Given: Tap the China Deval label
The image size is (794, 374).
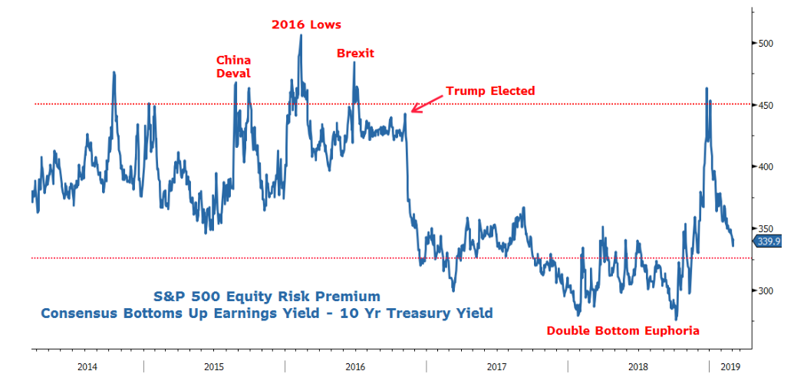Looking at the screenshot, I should pyautogui.click(x=233, y=67).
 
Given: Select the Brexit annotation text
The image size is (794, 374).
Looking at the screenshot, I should pyautogui.click(x=355, y=53).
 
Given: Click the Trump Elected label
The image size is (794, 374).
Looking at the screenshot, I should pyautogui.click(x=490, y=91).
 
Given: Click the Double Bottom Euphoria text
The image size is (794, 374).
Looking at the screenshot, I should pyautogui.click(x=623, y=331).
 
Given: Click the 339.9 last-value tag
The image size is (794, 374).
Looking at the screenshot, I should pyautogui.click(x=768, y=242).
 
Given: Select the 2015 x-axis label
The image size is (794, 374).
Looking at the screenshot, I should pyautogui.click(x=215, y=366).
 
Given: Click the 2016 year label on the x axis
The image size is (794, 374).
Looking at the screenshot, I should pyautogui.click(x=356, y=366).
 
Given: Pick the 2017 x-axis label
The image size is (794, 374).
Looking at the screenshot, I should pyautogui.click(x=497, y=366).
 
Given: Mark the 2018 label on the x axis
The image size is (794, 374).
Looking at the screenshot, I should pyautogui.click(x=638, y=366).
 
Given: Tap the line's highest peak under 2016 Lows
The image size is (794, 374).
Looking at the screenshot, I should pyautogui.click(x=300, y=36).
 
